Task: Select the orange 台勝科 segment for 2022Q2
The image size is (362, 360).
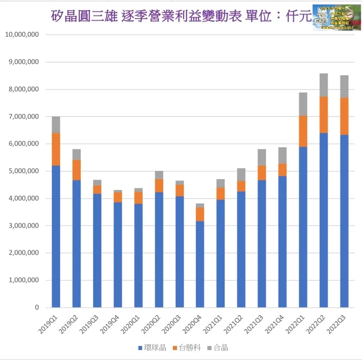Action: [324, 114]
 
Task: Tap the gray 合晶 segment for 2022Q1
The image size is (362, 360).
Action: [303, 104]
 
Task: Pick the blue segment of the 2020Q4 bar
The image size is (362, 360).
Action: [200, 264]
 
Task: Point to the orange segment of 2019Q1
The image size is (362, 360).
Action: [56, 149]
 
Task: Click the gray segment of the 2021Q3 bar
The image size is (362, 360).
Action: [262, 157]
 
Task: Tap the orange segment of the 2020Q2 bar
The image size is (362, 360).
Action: [159, 185]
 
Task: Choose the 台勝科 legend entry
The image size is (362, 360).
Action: [187, 348]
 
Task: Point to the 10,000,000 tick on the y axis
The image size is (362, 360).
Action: [23, 35]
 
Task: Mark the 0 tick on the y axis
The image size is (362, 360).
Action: [37, 308]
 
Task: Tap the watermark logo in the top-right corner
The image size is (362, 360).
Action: [336, 18]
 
